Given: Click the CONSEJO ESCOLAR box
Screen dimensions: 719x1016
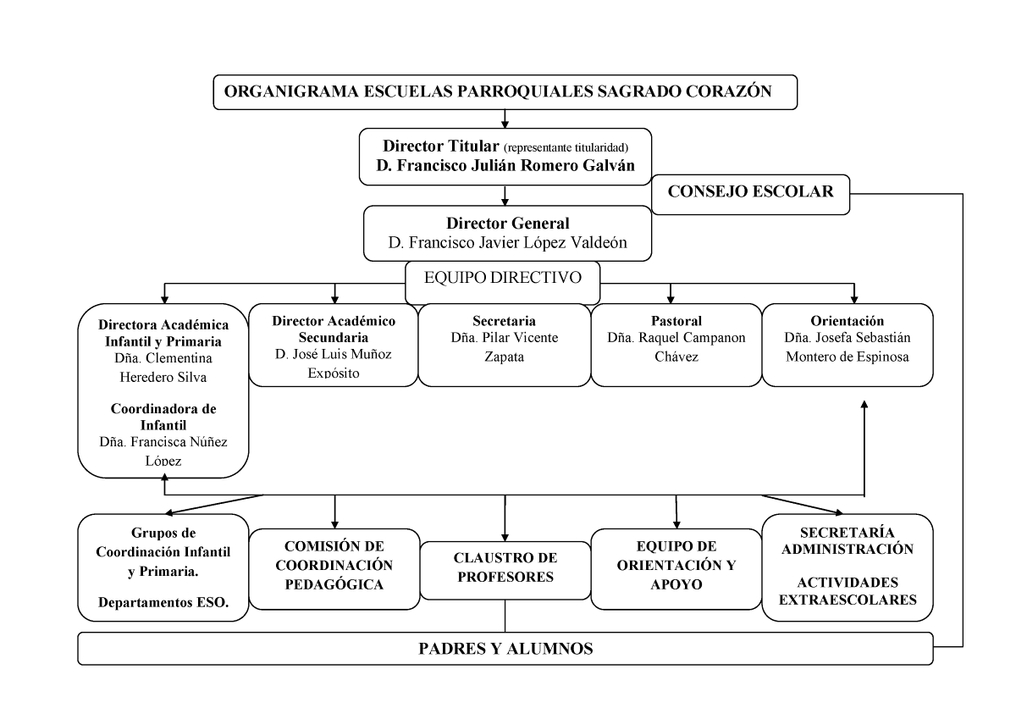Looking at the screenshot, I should (751, 192).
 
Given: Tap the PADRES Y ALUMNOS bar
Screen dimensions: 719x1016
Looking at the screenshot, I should (505, 650).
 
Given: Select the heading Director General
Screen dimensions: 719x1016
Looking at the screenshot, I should (508, 224).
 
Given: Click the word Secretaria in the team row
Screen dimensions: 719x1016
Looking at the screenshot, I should (505, 321).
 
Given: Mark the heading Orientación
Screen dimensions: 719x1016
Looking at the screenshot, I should (847, 321).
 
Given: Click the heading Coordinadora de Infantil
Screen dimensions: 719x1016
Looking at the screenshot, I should (163, 416).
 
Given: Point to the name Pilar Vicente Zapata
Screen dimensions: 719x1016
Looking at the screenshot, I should (505, 347).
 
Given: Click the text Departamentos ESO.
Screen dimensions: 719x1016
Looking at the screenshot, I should (163, 604).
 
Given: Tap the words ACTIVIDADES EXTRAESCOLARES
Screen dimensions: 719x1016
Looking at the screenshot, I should (848, 593).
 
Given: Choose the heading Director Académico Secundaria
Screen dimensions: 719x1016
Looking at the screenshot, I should (335, 329).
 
